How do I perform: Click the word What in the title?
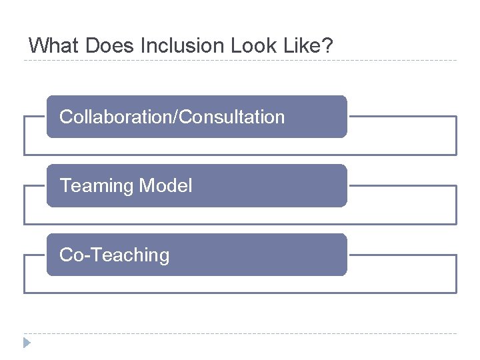pos(51,46)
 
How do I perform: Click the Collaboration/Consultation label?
pos(172,117)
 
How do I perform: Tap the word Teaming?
pos(97,186)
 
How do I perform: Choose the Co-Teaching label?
pos(115,255)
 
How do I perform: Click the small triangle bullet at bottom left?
pos(26,343)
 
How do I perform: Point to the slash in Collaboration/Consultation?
pos(176,117)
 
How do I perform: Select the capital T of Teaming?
pos(65,186)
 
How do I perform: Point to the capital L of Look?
pos(235,46)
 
